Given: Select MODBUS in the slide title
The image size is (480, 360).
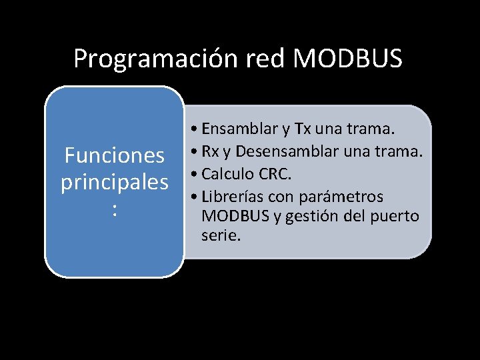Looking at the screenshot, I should (348, 59).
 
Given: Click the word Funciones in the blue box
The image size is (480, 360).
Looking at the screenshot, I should (114, 156).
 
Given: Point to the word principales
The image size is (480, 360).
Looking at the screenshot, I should (114, 183).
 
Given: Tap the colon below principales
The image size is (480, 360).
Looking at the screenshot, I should (115, 210).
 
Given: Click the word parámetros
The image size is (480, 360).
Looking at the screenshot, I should (342, 197).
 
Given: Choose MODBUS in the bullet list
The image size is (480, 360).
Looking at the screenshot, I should (233, 216).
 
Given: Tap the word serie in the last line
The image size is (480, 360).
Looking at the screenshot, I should (221, 235).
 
